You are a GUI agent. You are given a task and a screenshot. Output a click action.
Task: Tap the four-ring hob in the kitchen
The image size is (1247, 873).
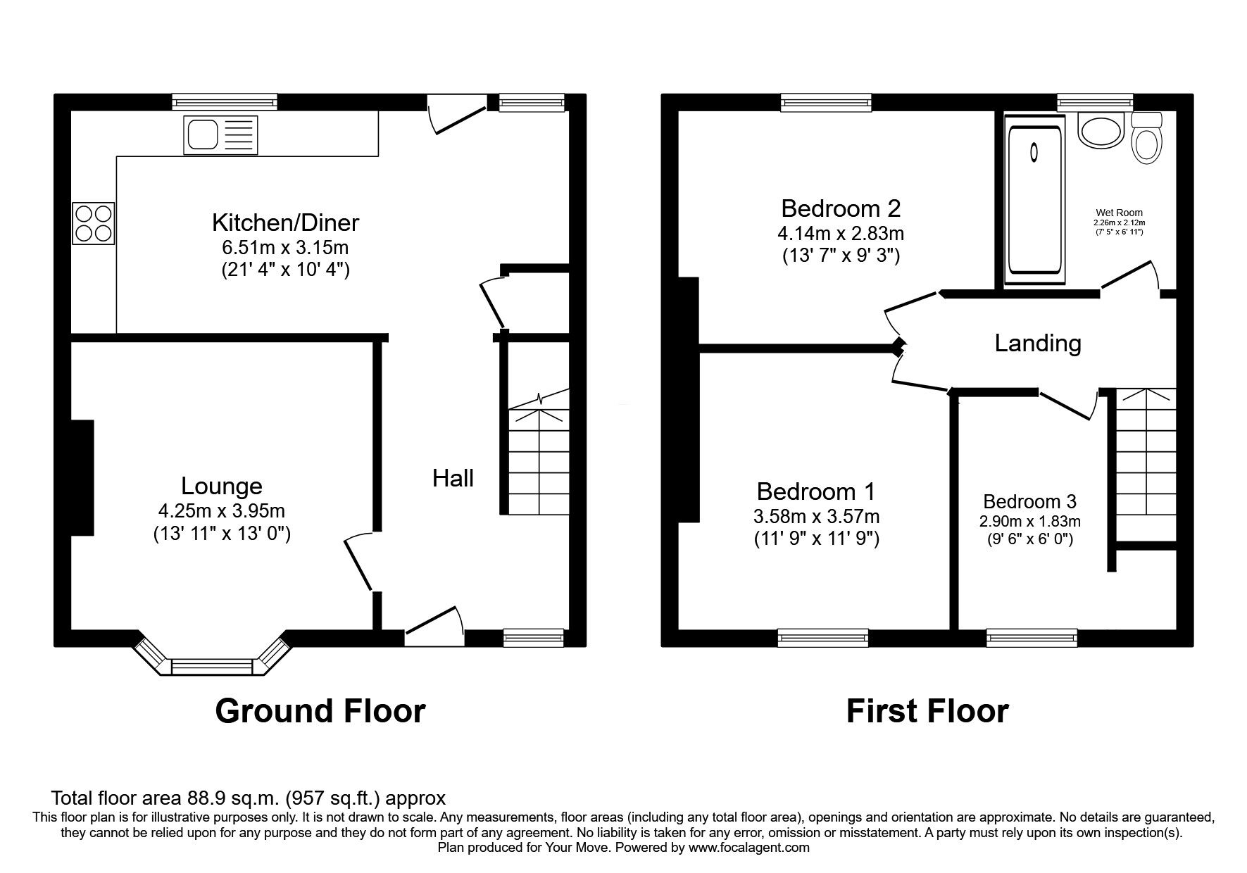(x=93, y=222)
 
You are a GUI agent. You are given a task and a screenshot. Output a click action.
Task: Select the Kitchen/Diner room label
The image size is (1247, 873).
(x=285, y=222)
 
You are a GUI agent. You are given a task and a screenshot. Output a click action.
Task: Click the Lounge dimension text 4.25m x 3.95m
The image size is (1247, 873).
(x=222, y=511)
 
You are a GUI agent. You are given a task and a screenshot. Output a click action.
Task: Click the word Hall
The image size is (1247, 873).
(x=453, y=479)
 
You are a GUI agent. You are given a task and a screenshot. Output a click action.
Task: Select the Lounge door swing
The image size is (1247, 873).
(x=358, y=561)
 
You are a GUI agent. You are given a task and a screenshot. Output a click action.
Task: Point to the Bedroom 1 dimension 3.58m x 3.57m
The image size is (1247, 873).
(x=816, y=517)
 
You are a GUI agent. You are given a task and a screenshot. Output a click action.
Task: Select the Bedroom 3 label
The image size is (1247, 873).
(x=1029, y=502)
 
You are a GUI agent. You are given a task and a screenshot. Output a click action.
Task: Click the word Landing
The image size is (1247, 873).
(x=1038, y=344)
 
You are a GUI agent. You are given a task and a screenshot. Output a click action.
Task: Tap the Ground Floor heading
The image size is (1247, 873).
(x=320, y=711)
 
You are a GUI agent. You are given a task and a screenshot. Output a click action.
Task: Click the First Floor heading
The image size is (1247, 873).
(x=927, y=711)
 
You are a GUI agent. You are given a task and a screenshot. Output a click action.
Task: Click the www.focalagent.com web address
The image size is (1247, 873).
(x=749, y=848)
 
